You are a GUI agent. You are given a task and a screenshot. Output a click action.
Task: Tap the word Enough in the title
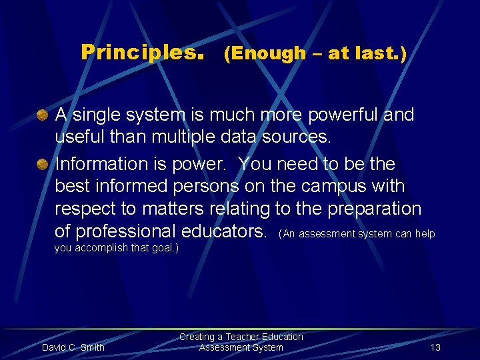tap(265, 54)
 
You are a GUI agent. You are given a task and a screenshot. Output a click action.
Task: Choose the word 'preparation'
tap(374, 209)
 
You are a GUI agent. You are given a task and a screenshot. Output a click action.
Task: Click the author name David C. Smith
tap(73, 347)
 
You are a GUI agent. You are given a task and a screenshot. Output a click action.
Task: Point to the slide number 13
tap(435, 347)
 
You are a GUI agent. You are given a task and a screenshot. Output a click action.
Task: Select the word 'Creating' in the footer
tap(197, 337)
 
